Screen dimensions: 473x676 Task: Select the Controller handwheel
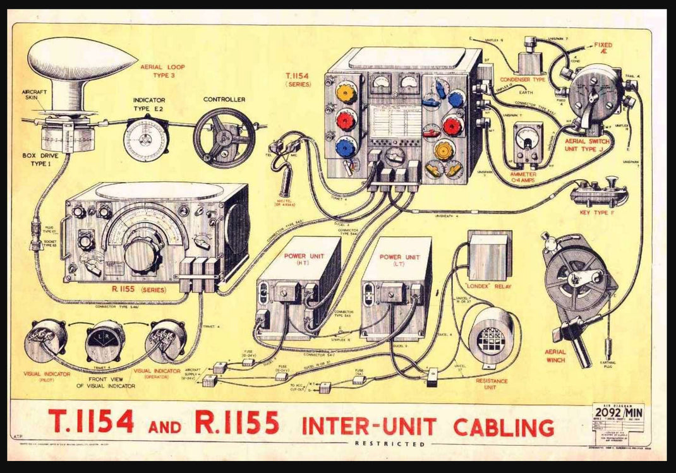(224, 137)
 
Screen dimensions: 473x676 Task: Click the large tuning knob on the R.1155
(142, 253)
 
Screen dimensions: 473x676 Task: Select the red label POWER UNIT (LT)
(398, 261)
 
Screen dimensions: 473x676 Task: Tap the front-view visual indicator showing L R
(105, 340)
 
